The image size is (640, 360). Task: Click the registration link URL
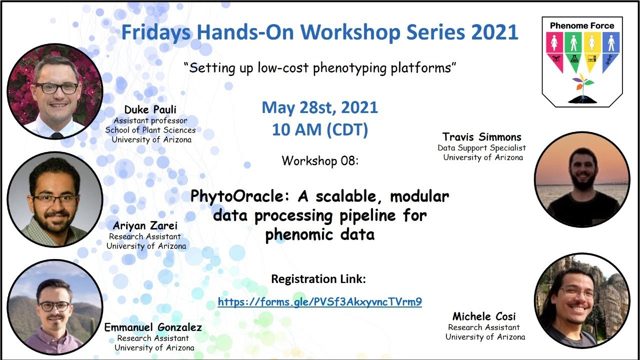click(x=320, y=302)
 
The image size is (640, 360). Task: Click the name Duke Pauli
click(x=150, y=109)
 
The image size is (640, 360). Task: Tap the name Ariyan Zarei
click(x=145, y=225)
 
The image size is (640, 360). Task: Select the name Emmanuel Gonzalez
click(x=153, y=327)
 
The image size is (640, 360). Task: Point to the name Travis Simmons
click(x=481, y=137)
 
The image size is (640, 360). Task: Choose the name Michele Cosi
click(x=484, y=316)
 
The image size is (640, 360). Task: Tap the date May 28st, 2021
click(x=320, y=107)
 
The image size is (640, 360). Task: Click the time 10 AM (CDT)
click(x=320, y=130)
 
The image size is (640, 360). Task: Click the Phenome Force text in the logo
click(x=582, y=25)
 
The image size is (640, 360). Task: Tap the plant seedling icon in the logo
click(x=582, y=87)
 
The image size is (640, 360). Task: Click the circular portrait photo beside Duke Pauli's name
click(x=54, y=90)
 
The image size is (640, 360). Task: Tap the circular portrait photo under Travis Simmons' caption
click(x=581, y=179)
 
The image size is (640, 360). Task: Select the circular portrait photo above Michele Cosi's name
click(x=581, y=300)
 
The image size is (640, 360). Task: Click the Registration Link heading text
click(x=318, y=279)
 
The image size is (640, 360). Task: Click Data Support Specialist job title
click(x=481, y=148)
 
